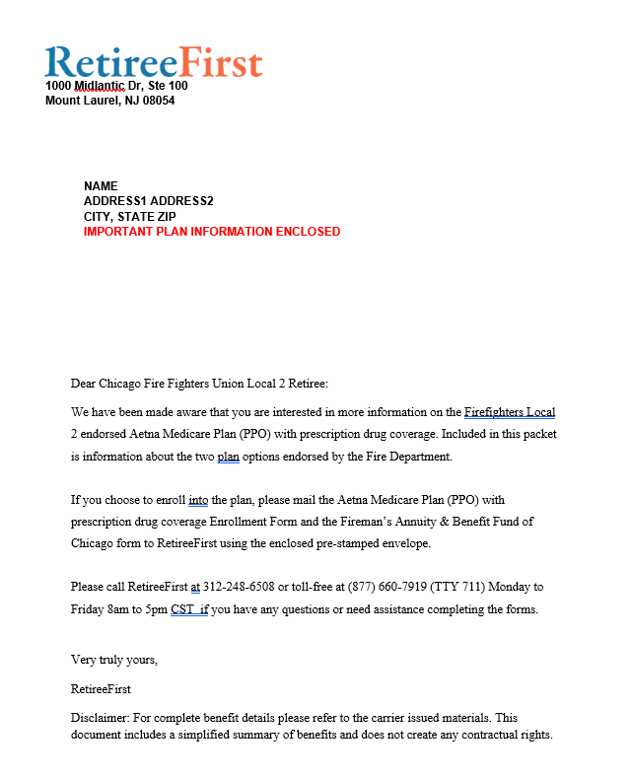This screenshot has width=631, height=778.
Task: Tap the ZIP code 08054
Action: [x=158, y=101]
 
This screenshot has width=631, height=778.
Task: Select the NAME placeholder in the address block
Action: [x=101, y=186]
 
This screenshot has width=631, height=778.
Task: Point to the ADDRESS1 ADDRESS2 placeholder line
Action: [x=148, y=201]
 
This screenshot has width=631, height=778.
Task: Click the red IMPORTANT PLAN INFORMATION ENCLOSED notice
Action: [x=212, y=232]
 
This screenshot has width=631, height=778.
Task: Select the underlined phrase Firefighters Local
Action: [x=510, y=412]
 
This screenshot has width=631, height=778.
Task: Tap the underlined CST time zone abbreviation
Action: [x=182, y=609]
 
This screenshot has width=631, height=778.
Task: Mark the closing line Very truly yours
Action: [x=114, y=659]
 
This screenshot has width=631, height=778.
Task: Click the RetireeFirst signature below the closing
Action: [x=101, y=688]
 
